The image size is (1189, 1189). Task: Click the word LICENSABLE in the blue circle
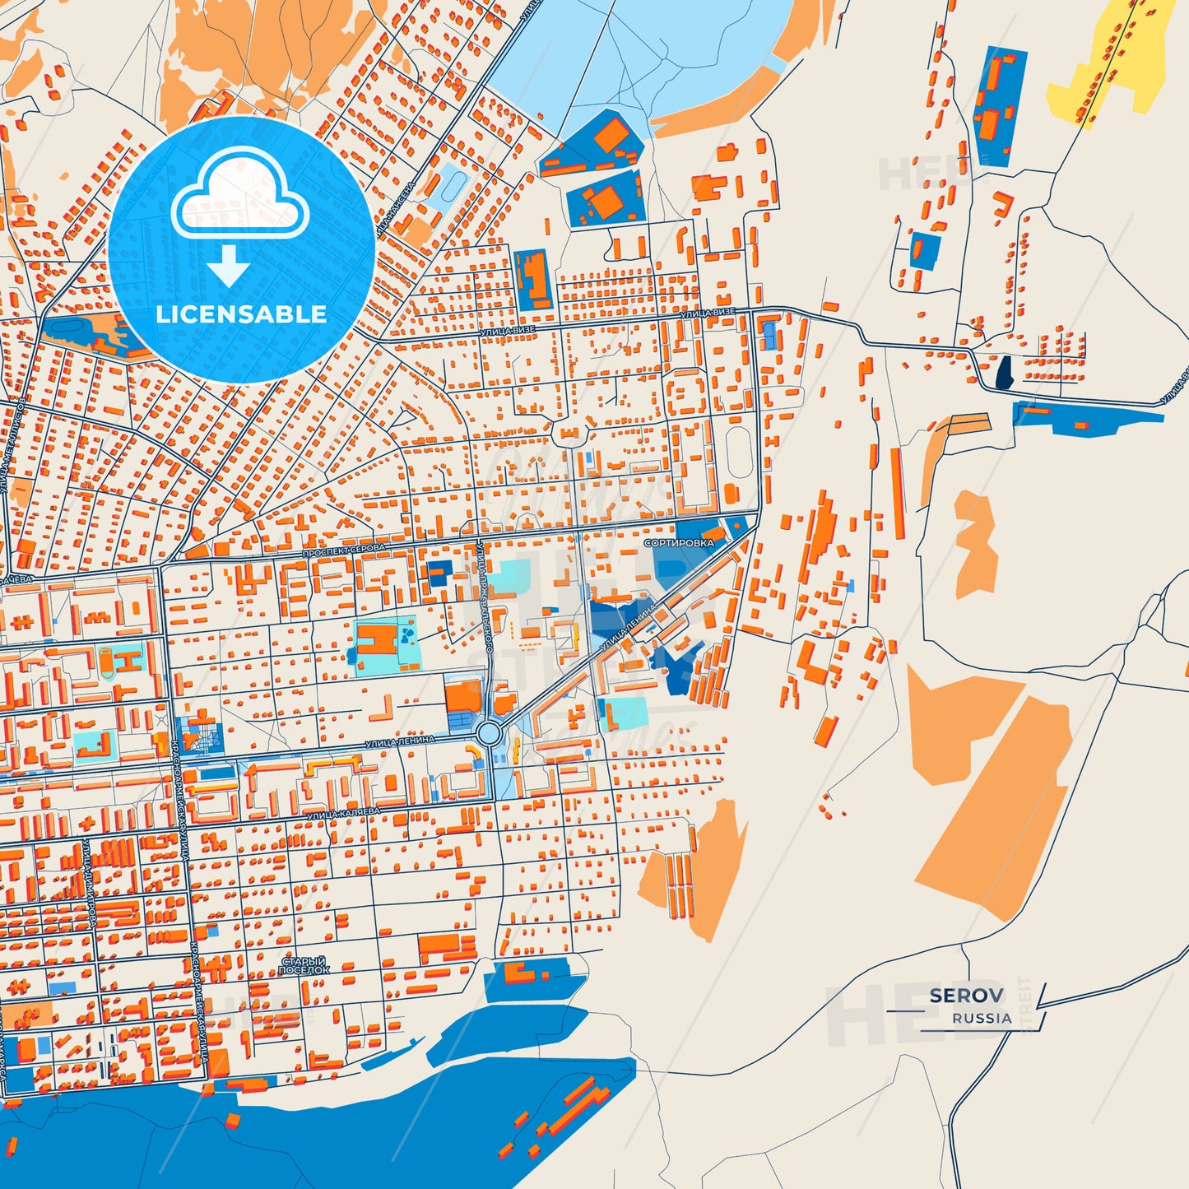click(241, 314)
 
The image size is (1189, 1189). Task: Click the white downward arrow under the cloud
click(229, 267)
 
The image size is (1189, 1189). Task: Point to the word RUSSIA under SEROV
click(982, 1018)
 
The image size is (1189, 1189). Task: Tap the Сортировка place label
click(679, 543)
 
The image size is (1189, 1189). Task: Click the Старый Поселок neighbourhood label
click(304, 966)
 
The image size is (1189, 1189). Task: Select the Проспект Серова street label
click(343, 550)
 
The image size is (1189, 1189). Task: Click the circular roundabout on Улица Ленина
click(489, 732)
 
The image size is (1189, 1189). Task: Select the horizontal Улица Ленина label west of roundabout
click(400, 742)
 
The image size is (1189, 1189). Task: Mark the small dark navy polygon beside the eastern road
click(1004, 373)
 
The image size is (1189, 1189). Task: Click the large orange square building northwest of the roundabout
click(463, 698)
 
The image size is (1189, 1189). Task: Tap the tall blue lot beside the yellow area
click(999, 107)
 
